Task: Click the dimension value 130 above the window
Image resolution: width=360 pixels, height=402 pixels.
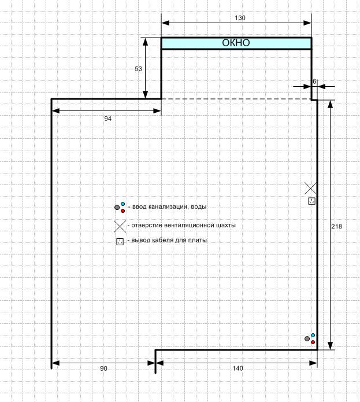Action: (240, 18)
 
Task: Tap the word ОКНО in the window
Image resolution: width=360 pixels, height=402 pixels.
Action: (236, 43)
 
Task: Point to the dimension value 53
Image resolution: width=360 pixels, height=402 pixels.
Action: (138, 69)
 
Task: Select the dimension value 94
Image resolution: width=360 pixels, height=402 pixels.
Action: (108, 119)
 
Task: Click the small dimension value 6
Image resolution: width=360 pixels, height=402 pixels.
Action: (314, 82)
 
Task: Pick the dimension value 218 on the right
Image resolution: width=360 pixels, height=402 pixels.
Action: (336, 226)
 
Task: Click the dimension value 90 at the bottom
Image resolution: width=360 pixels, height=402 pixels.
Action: (103, 368)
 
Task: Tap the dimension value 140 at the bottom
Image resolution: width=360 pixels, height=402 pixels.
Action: (237, 368)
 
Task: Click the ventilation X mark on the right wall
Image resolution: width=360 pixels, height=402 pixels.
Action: (310, 189)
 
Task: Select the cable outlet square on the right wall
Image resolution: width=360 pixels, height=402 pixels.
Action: (311, 201)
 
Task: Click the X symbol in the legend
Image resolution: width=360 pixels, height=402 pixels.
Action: (120, 226)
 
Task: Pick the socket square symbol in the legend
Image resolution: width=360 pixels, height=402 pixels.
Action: (120, 242)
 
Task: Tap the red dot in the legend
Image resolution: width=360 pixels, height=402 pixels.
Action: (123, 211)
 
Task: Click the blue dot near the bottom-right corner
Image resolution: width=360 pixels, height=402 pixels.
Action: (313, 335)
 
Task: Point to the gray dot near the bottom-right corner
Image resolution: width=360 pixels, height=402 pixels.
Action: (307, 339)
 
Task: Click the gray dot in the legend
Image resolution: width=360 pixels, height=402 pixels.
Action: (117, 208)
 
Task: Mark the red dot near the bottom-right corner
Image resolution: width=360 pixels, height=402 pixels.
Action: (313, 342)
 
